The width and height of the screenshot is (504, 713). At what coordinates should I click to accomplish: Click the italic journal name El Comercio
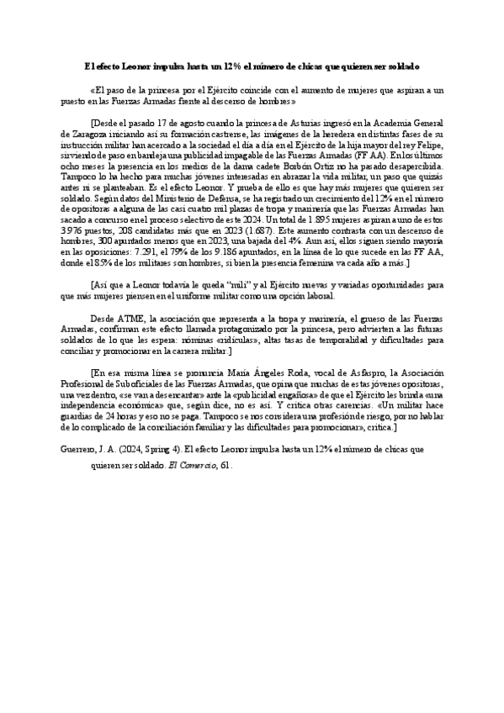coord(191,463)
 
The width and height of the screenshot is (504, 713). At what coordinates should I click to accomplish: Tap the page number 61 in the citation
coord(225,463)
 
